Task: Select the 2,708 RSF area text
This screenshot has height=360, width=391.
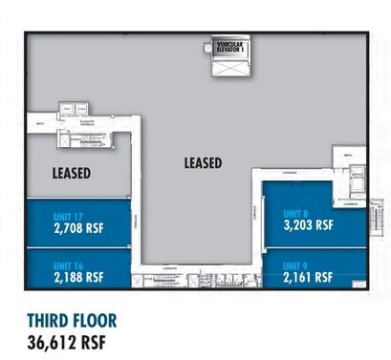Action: [78, 228]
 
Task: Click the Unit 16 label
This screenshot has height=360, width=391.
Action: [66, 265]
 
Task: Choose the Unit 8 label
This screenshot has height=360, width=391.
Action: [295, 214]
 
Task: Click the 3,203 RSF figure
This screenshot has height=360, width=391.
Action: [308, 226]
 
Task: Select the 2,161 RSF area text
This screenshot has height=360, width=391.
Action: [308, 277]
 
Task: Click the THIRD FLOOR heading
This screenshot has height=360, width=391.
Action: [71, 320]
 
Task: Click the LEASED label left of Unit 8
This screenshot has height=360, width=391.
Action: [203, 162]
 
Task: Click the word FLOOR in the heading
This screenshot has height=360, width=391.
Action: [96, 320]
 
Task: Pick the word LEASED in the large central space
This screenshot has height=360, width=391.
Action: [203, 162]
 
